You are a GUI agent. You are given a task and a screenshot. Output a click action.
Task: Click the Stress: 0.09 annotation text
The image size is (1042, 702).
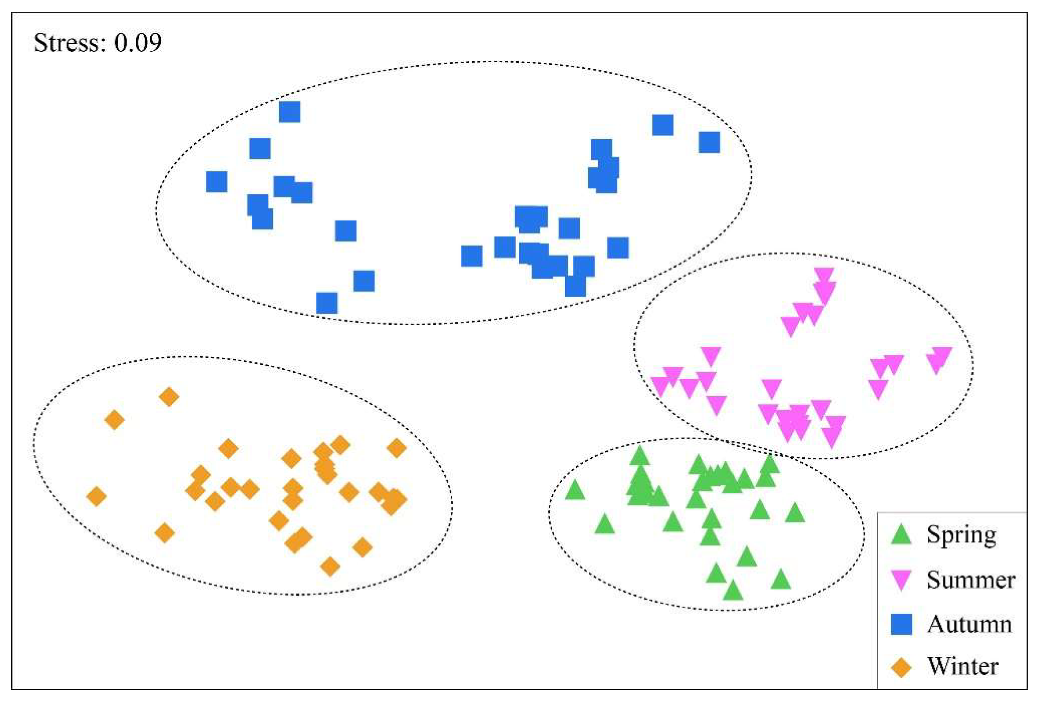pyautogui.click(x=98, y=43)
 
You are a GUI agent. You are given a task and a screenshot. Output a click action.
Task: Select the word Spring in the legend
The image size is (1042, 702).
pyautogui.click(x=961, y=534)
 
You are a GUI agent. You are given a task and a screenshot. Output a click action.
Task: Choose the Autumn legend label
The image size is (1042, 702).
pyautogui.click(x=970, y=624)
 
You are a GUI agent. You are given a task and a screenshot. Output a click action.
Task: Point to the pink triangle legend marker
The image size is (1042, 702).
pyautogui.click(x=901, y=580)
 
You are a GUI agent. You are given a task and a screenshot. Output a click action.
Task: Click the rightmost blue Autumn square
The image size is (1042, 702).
pyautogui.click(x=709, y=142)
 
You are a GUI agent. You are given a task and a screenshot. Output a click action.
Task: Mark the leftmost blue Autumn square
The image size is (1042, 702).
pyautogui.click(x=217, y=182)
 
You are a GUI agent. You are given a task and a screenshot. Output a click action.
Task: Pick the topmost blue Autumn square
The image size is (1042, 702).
pyautogui.click(x=290, y=112)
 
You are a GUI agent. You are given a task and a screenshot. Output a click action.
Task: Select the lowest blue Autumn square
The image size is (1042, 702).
pyautogui.click(x=327, y=303)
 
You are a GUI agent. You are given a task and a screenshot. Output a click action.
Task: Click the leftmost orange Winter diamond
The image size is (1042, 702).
pyautogui.click(x=96, y=497)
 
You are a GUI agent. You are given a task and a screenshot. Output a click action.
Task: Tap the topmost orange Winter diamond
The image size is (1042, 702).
pyautogui.click(x=169, y=397)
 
